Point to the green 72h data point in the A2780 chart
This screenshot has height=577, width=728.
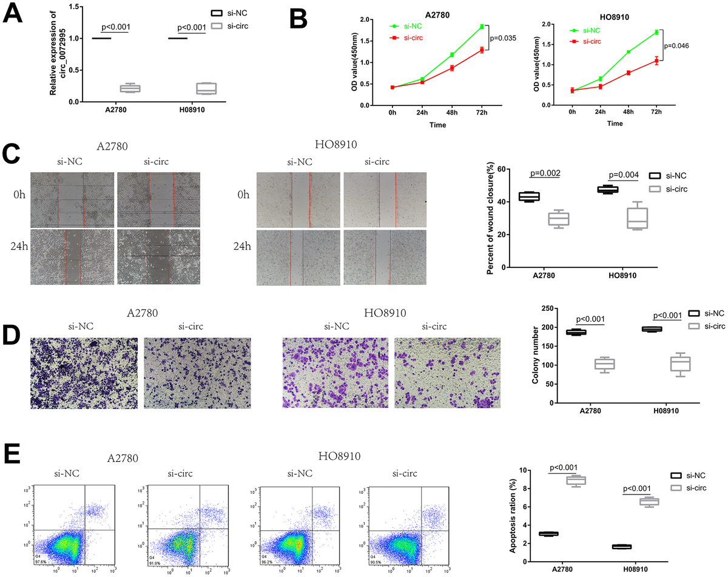(481, 27)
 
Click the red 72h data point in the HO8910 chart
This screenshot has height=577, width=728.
(655, 61)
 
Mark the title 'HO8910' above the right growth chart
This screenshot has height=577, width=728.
(615, 18)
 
